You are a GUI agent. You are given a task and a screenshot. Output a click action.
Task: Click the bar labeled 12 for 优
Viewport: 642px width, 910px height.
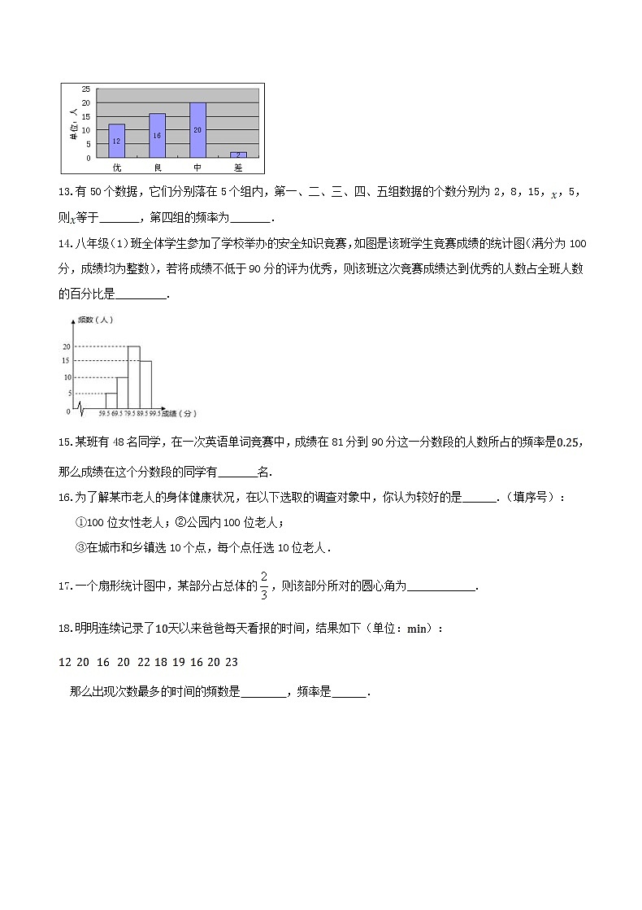tap(116, 141)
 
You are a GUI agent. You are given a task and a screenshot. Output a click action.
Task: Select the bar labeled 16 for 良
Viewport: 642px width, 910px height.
tap(157, 136)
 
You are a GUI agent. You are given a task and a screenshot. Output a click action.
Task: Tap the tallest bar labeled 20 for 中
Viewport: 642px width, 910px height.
tap(197, 130)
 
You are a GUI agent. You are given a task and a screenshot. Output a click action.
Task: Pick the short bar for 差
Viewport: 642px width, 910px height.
tap(237, 155)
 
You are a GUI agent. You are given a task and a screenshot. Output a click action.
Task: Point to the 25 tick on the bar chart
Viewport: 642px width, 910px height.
tap(87, 89)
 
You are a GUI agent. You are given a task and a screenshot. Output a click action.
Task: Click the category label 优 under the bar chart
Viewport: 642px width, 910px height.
tap(116, 168)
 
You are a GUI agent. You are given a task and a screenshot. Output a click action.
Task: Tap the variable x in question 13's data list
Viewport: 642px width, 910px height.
tap(553, 194)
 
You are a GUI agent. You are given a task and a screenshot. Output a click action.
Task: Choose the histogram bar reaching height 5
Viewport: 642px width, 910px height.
tap(111, 401)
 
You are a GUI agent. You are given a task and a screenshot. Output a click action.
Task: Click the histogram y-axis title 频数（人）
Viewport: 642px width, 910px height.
tap(95, 319)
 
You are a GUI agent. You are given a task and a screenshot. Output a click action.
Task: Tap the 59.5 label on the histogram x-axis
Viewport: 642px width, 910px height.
tap(104, 415)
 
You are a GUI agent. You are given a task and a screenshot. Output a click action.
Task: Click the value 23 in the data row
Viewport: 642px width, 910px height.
tap(231, 662)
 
